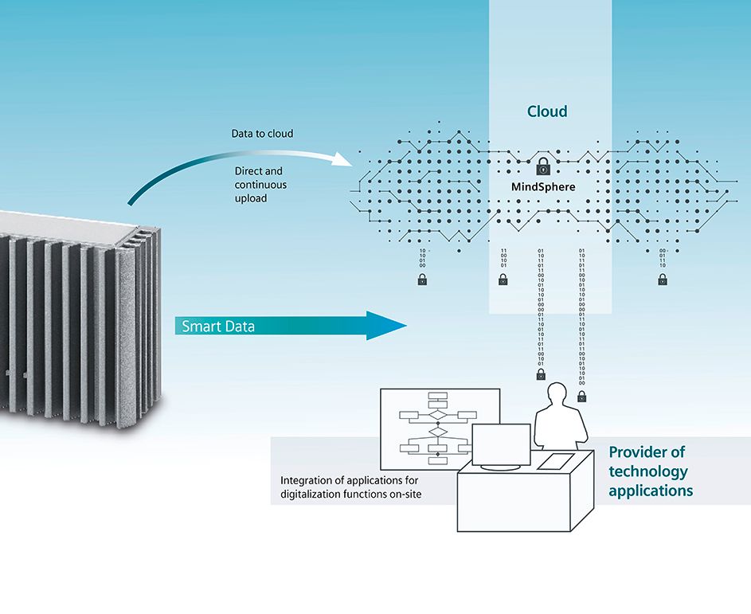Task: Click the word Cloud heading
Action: click(547, 111)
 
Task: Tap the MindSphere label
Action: click(542, 189)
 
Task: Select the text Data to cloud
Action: click(262, 133)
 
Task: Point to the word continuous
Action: click(261, 185)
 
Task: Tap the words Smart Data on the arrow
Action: click(218, 326)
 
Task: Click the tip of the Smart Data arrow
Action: click(404, 325)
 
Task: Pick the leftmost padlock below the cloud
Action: click(422, 280)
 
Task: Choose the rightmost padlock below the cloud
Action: click(663, 280)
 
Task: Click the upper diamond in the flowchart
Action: click(437, 415)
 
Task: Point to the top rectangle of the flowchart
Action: click(437, 396)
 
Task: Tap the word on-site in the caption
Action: click(404, 495)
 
